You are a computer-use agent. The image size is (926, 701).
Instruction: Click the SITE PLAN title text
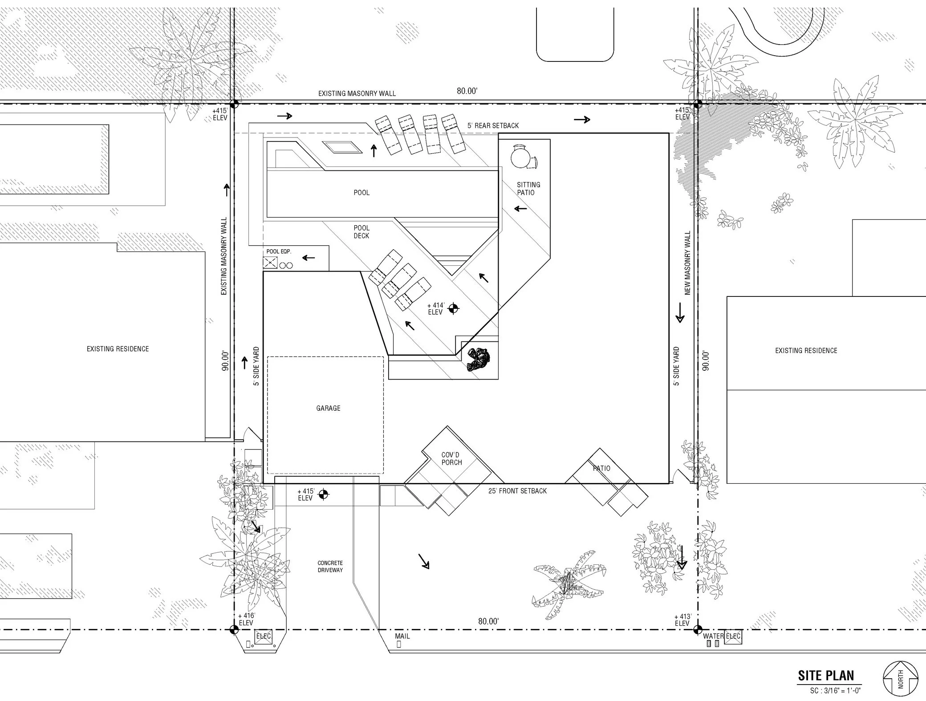point(826,676)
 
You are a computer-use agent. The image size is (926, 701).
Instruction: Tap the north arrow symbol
point(900,679)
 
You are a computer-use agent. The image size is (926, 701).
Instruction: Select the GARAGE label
point(328,408)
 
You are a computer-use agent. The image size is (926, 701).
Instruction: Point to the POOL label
point(361,193)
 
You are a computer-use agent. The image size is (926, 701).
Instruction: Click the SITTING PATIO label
point(528,188)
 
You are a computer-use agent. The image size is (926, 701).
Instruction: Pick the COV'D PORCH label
point(451,459)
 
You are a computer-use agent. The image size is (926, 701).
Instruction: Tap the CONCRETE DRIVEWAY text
point(330,567)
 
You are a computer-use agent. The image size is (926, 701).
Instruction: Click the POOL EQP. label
point(279,251)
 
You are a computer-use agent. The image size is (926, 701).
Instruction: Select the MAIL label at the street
point(402,636)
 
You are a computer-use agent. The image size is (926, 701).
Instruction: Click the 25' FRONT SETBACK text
point(517,491)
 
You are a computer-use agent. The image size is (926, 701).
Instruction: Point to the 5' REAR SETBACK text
point(493,126)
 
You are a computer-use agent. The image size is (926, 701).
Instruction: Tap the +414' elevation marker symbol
point(453,308)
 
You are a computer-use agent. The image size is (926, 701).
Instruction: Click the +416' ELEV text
point(246,619)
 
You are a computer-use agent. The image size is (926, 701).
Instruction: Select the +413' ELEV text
point(682,620)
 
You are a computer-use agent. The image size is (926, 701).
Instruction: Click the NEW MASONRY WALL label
point(687,263)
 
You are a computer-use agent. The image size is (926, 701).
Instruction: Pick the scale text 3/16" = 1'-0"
point(835,691)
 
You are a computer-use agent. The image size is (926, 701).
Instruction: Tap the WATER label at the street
point(713,636)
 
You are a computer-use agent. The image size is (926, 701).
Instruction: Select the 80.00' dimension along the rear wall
point(467,91)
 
